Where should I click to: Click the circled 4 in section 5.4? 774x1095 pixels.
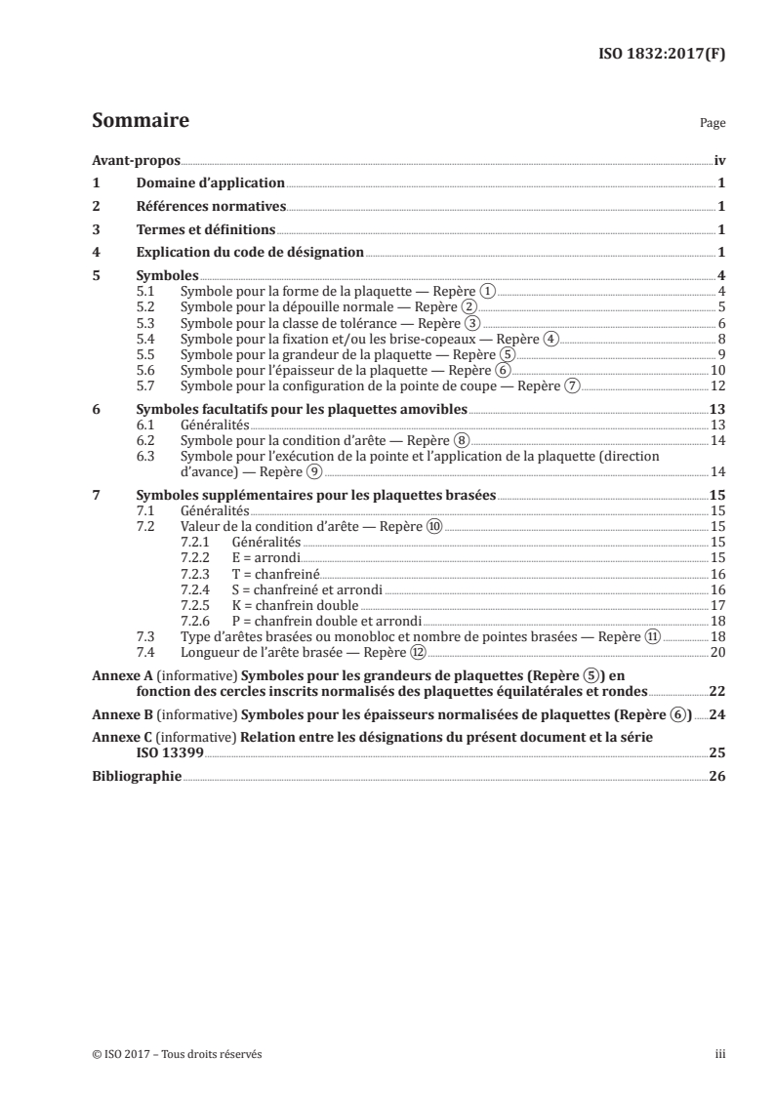550,339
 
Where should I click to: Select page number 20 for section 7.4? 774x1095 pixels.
717,652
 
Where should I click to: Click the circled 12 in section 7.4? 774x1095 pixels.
418,652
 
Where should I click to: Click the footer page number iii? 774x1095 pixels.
720,1054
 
